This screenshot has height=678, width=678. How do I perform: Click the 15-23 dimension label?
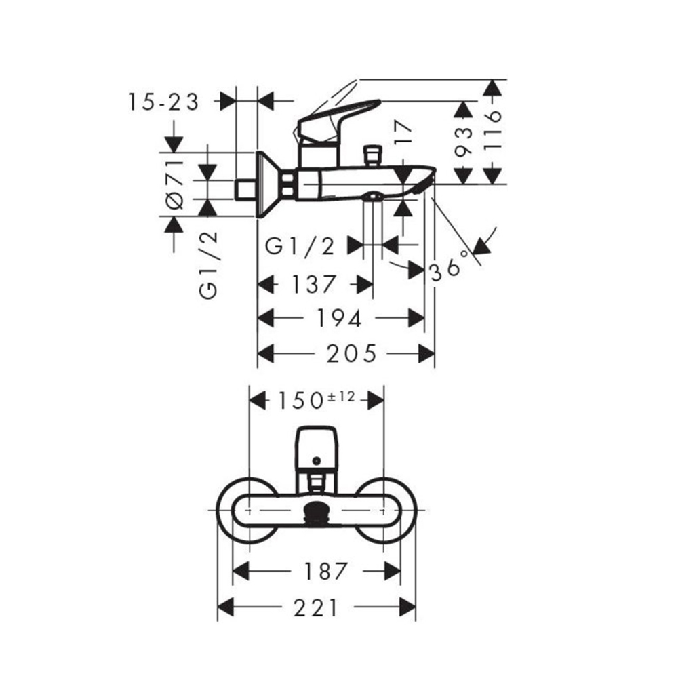pyautogui.click(x=163, y=102)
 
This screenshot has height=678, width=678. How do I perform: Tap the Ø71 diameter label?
pyautogui.click(x=175, y=184)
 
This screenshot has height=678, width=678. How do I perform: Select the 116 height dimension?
pyautogui.click(x=492, y=130)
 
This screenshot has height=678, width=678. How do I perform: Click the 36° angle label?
pyautogui.click(x=450, y=266)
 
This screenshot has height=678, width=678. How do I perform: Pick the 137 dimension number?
pyautogui.click(x=313, y=285)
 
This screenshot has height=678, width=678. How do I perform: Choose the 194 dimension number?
pyautogui.click(x=339, y=319)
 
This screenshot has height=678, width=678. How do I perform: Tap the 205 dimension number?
pyautogui.click(x=351, y=354)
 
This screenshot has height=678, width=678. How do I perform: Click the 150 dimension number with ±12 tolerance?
pyautogui.click(x=316, y=399)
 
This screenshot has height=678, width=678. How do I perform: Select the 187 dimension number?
pyautogui.click(x=326, y=571)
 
